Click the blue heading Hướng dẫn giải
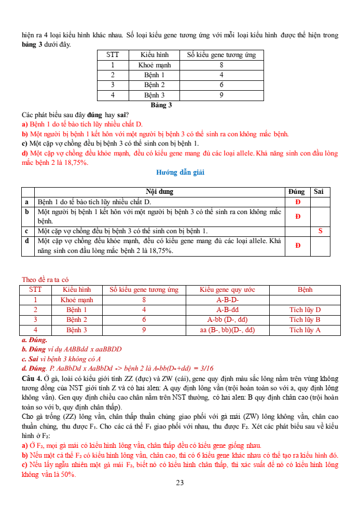tap(180, 173)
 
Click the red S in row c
tap(320, 231)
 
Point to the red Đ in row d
tap(298, 246)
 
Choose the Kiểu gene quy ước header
tap(227, 290)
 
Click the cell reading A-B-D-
tap(227, 300)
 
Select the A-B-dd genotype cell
tap(227, 310)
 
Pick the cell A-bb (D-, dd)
tap(227, 320)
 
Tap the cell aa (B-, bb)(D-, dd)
tap(227, 330)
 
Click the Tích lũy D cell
tap(305, 310)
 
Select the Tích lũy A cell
tap(305, 330)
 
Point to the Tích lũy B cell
tap(305, 320)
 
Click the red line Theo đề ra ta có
tap(46, 279)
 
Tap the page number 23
tap(180, 483)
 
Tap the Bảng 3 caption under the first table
tap(161, 105)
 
